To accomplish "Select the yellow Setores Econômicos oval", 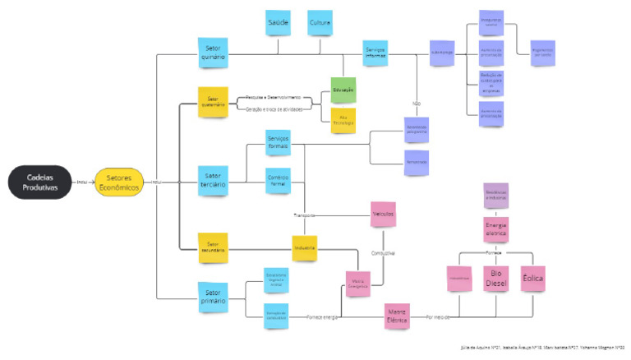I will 120,182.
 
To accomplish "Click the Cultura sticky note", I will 320,24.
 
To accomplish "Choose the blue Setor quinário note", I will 213,53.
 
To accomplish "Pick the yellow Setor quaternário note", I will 213,103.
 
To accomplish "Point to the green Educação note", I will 343,90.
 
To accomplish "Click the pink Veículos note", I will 383,214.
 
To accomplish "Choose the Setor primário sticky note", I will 213,297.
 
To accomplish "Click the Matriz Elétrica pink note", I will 398,316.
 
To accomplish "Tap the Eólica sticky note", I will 533,278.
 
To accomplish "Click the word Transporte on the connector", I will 305,215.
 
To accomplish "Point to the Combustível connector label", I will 383,253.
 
